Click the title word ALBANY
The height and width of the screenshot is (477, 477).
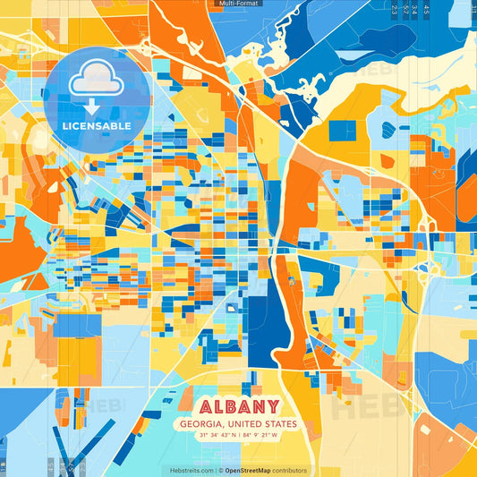tap(238, 405)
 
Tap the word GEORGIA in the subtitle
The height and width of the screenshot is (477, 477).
tap(201, 424)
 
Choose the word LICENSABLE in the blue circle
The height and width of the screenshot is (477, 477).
tap(96, 126)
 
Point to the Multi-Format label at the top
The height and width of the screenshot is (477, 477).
tap(238, 4)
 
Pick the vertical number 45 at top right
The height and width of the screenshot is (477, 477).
tap(427, 10)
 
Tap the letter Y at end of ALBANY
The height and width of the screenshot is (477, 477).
tap(272, 405)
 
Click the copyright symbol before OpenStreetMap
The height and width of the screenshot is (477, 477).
tap(220, 470)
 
